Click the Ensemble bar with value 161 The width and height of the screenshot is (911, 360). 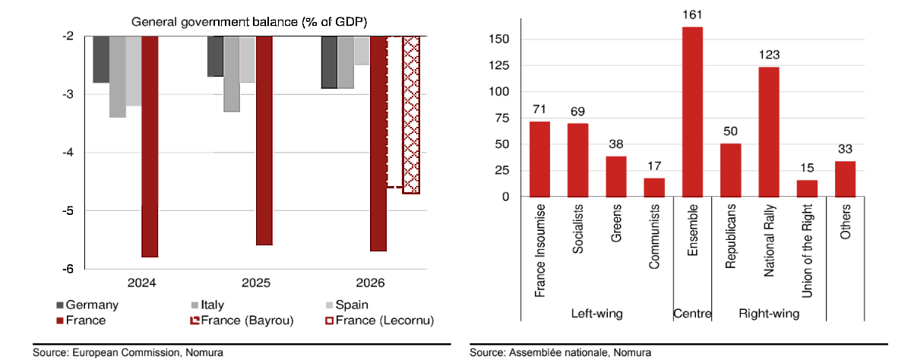pos(692,112)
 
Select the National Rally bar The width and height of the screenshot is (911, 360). pos(768,132)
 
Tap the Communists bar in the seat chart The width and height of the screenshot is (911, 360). pos(653,188)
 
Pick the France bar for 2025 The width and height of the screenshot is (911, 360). pos(264,141)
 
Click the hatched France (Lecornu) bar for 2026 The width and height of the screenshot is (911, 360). pos(411,114)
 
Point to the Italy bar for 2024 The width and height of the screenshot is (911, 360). pos(117,77)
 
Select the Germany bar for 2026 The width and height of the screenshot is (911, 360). pos(329,62)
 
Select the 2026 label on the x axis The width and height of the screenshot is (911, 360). pos(370,283)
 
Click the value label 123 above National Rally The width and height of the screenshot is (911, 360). pos(769,55)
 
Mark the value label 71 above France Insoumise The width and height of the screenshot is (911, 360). pos(539,109)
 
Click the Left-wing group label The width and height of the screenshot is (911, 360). pos(597,313)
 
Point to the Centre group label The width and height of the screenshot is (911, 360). pos(692,313)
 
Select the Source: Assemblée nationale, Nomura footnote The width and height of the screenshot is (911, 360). pos(560,353)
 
